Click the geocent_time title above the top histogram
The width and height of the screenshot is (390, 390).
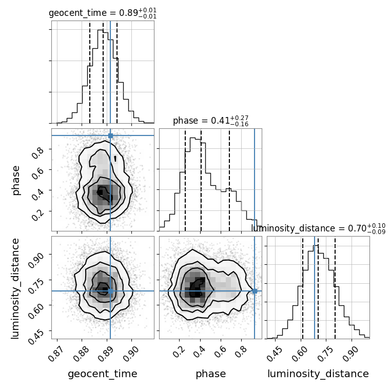(103, 13)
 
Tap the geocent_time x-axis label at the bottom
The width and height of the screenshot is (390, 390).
(103, 374)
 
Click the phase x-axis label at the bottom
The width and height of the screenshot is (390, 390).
(211, 374)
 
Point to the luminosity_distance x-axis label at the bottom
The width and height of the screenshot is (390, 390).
(318, 374)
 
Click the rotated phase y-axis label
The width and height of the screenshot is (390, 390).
(15, 181)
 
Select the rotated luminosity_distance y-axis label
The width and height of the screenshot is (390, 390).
(15, 288)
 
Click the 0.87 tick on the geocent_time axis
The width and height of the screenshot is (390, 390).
(55, 354)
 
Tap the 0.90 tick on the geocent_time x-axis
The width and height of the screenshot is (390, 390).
(129, 354)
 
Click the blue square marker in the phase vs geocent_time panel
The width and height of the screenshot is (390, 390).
(110, 136)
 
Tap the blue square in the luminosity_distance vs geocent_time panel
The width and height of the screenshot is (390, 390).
(110, 291)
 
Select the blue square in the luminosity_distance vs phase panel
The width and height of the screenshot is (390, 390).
(255, 291)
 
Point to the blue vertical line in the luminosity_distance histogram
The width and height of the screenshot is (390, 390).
(315, 287)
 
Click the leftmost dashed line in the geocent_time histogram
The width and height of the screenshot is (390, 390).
(90, 72)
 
